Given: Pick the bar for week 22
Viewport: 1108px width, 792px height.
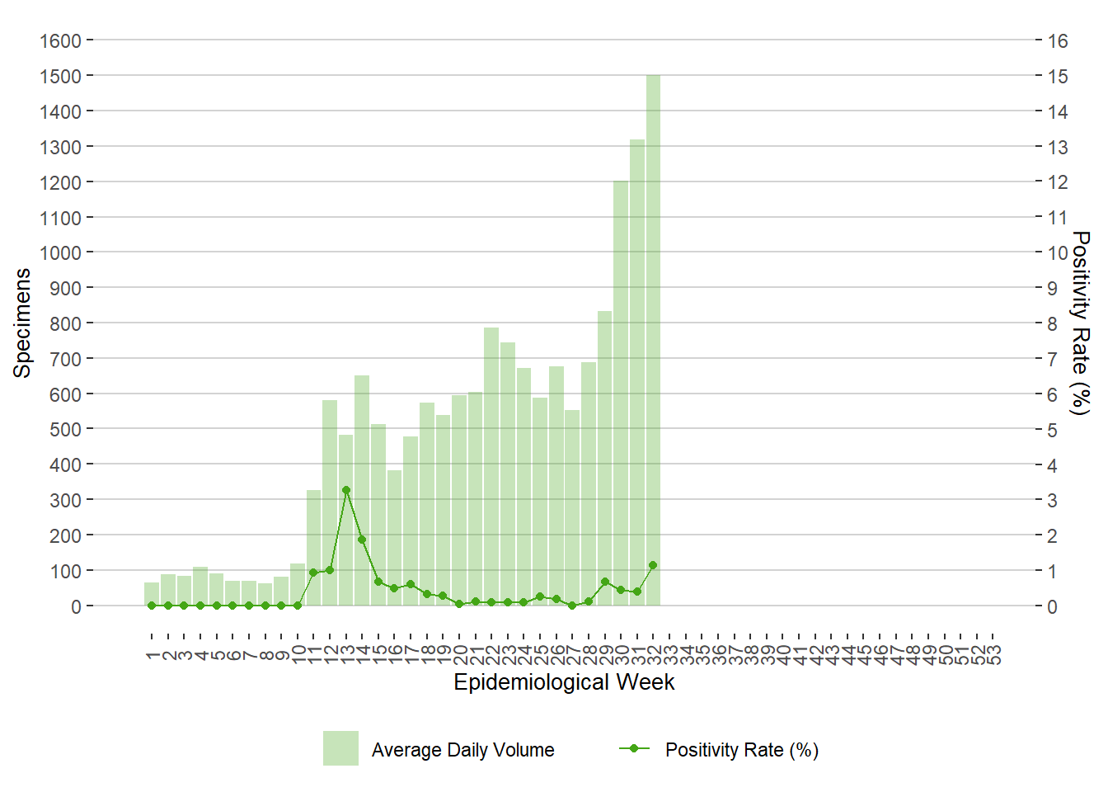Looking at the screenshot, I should [491, 467].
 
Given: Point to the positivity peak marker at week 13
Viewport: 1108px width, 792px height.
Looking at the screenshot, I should [346, 490].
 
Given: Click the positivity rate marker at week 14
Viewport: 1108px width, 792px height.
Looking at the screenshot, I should [362, 540].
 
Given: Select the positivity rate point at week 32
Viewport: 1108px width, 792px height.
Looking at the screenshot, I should [653, 565].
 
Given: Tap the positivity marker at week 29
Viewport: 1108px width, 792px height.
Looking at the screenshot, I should [605, 582].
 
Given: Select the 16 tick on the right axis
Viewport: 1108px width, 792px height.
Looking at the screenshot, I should [1058, 40].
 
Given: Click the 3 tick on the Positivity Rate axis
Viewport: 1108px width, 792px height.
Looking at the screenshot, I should [1052, 500].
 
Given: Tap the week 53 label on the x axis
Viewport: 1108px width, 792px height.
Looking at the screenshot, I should [993, 655].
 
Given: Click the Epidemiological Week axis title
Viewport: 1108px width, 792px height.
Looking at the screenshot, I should [564, 682].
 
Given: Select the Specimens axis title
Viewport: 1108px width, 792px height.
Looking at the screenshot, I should [22, 323].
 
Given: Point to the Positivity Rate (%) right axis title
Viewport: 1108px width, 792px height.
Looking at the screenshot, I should [1079, 323].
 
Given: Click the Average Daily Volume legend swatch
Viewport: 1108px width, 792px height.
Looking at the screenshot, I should [340, 748].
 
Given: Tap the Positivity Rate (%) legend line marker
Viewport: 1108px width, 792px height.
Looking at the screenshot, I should [634, 748].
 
